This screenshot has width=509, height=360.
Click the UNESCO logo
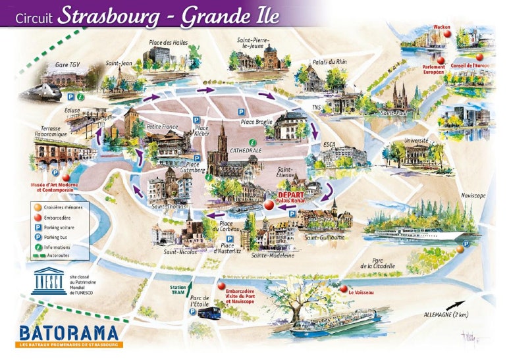coord(49,281)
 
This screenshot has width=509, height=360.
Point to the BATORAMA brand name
coord(68,332)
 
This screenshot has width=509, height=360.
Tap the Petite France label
coord(163,126)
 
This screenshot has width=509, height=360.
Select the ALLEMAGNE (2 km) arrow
coord(455,305)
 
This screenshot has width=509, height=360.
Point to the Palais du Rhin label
coord(329,61)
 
